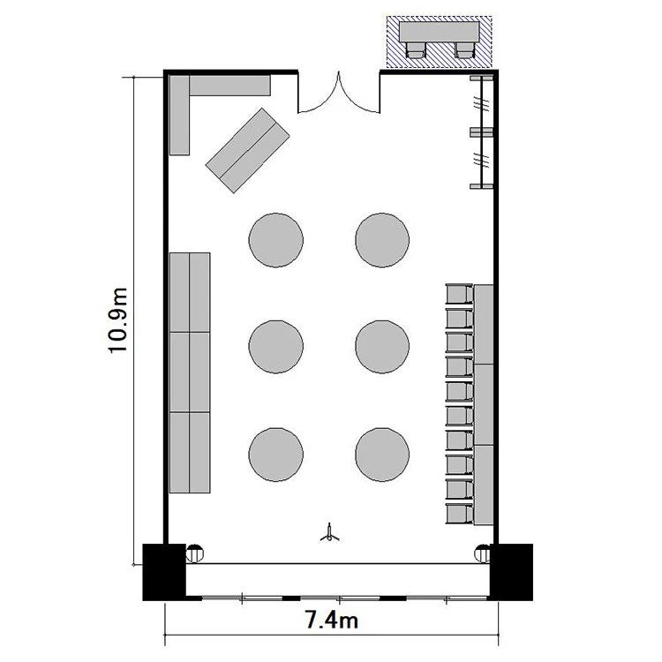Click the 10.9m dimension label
(117, 320)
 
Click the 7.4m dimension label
(331, 621)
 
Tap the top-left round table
(275, 240)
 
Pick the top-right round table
(382, 240)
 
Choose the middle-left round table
(275, 347)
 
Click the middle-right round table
(382, 347)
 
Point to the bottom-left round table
(275, 455)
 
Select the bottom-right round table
(382, 455)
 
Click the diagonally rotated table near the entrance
(247, 150)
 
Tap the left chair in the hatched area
(415, 49)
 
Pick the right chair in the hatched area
(464, 49)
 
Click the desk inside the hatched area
(440, 32)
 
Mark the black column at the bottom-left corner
(164, 572)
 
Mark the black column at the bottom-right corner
(511, 572)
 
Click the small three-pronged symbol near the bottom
(329, 533)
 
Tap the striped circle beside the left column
(195, 553)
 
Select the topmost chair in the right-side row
(460, 294)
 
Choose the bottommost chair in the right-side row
(460, 514)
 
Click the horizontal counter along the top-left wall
(229, 86)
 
